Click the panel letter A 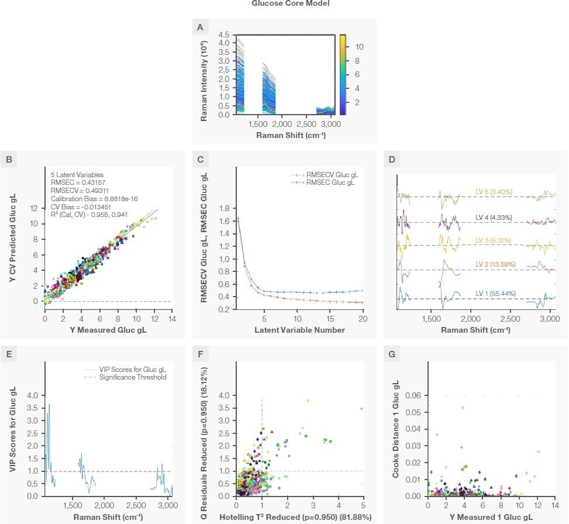click(201, 27)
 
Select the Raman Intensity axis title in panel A click(204, 75)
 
